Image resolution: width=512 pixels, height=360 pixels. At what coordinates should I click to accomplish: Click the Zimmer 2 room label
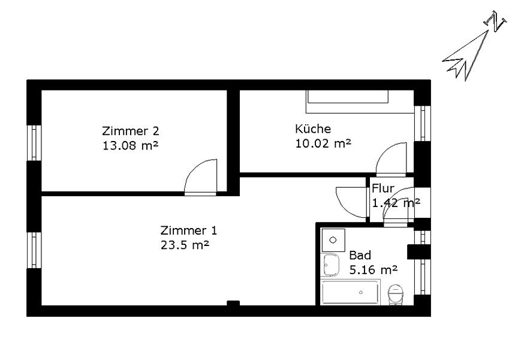tap(131, 131)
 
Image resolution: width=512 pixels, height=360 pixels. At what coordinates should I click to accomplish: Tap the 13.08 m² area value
tap(130, 145)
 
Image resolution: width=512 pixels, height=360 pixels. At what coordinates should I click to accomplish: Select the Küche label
tap(313, 129)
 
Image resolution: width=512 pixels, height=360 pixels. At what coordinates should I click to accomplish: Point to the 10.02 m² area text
tap(323, 143)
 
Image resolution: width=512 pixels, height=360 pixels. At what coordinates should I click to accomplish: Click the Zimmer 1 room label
tap(189, 230)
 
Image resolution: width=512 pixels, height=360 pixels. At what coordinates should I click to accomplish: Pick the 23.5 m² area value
tap(185, 245)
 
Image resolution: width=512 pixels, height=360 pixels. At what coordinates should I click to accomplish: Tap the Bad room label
tap(360, 255)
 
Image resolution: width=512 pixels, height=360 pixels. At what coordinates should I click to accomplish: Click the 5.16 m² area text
tap(374, 269)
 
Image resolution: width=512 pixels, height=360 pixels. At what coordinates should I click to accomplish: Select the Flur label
tap(383, 188)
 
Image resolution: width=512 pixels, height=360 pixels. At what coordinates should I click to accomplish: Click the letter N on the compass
tap(495, 21)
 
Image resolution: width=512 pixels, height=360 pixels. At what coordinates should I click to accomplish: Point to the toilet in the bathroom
tap(396, 295)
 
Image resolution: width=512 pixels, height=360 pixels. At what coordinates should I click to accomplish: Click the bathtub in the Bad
tap(350, 292)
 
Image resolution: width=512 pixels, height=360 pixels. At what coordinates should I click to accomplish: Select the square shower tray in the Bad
tap(333, 240)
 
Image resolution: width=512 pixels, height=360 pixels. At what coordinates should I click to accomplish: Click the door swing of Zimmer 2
tap(200, 177)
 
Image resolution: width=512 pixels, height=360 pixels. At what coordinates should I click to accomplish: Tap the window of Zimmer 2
tap(34, 143)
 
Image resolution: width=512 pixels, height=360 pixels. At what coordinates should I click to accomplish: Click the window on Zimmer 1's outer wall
tap(34, 250)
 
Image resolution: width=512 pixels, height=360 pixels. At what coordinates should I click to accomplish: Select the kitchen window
tap(423, 123)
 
